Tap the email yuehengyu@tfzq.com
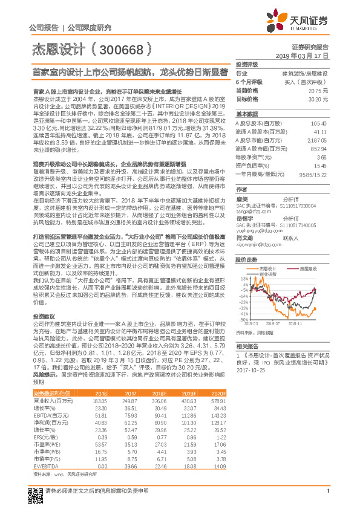(x=255, y=230)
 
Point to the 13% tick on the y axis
(x=244, y=278)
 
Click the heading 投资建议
(x=44, y=316)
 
